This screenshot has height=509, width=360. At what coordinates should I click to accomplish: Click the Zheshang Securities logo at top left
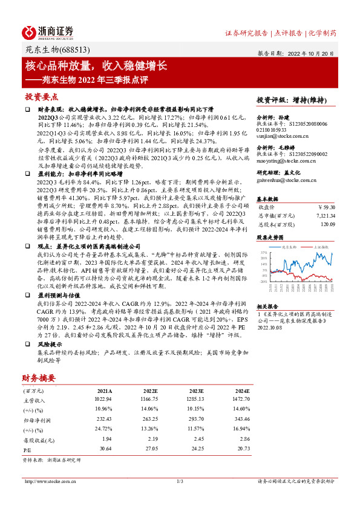[x=48, y=32]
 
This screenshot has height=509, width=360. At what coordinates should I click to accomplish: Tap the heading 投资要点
[x=42, y=97]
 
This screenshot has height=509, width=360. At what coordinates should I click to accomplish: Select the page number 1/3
[x=180, y=481]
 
